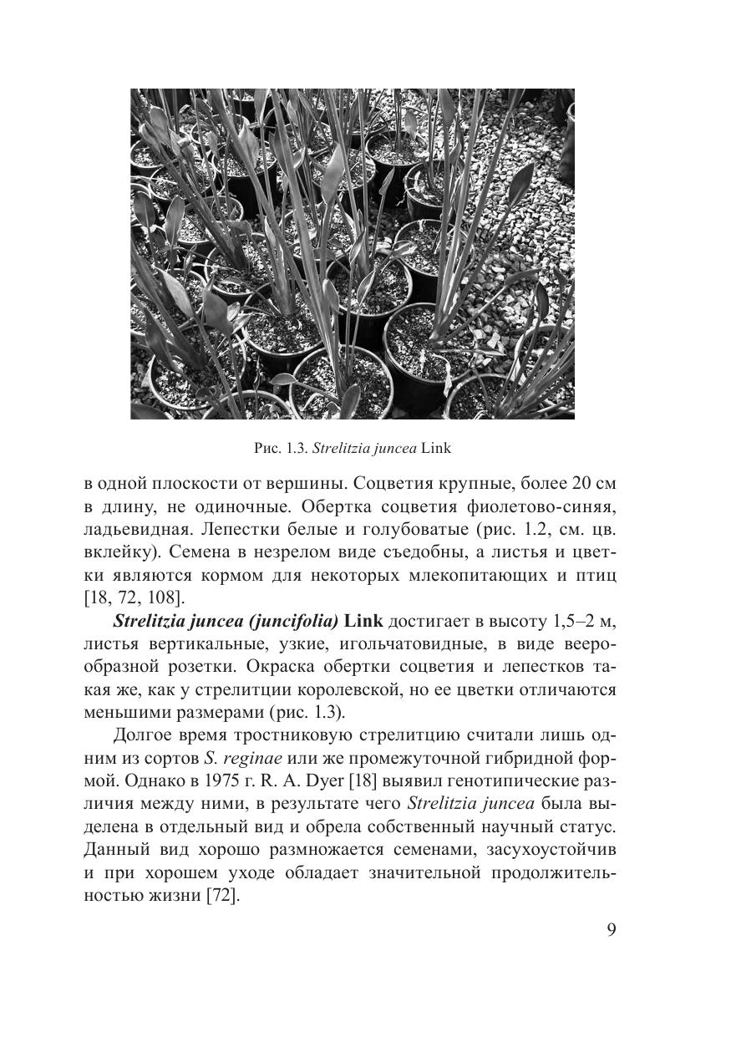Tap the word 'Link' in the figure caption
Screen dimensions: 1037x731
pos(436,448)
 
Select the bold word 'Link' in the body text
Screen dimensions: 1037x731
pos(363,621)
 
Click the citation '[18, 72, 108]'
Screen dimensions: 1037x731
pos(134,598)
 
